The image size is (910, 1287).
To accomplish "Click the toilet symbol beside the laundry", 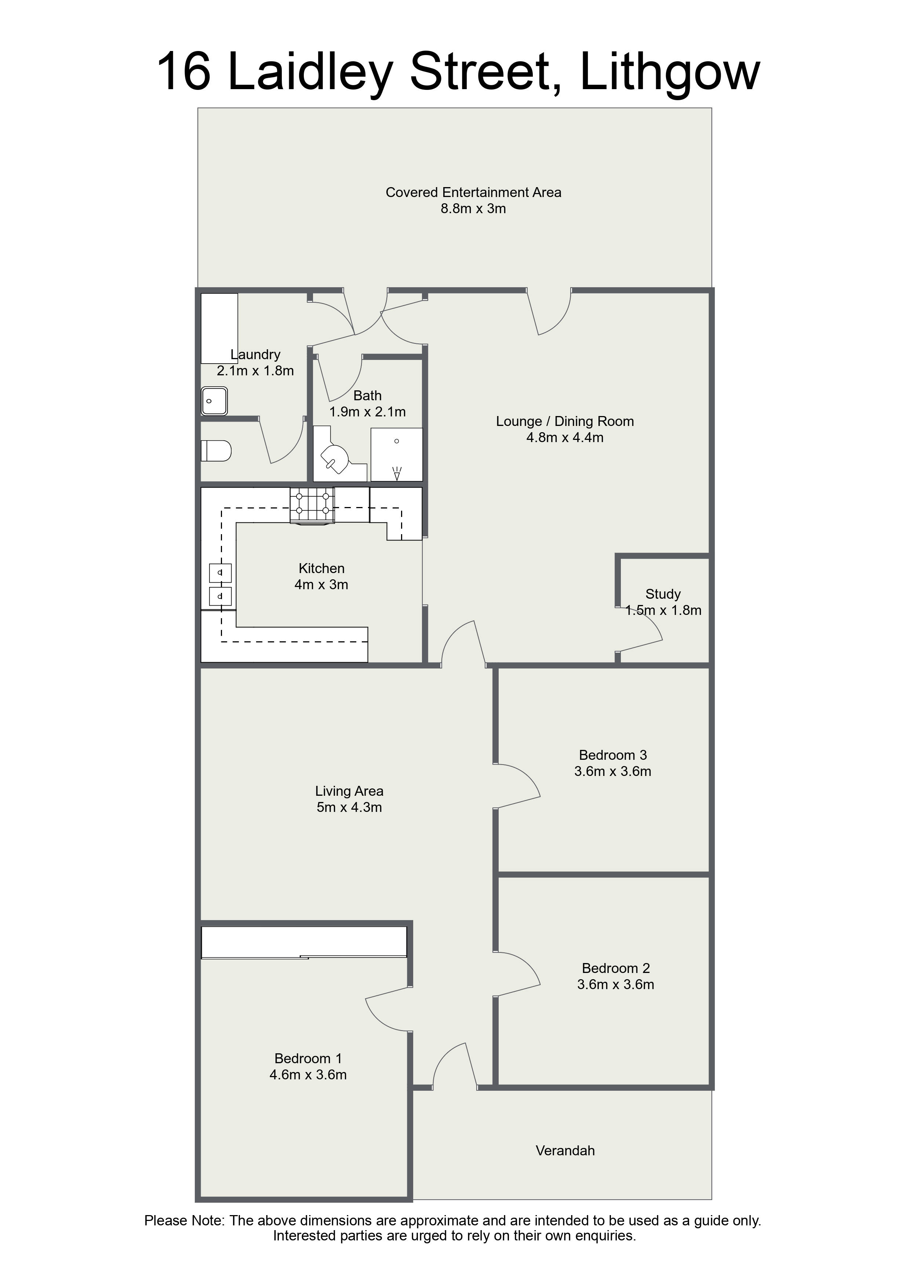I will (216, 451).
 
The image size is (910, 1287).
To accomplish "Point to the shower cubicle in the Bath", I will (396, 454).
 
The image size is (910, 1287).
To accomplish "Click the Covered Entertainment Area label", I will (473, 192).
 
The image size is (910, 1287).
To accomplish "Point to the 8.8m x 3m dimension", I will (473, 209).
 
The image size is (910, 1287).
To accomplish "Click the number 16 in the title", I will (183, 72).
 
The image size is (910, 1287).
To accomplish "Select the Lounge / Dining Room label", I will (565, 422).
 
